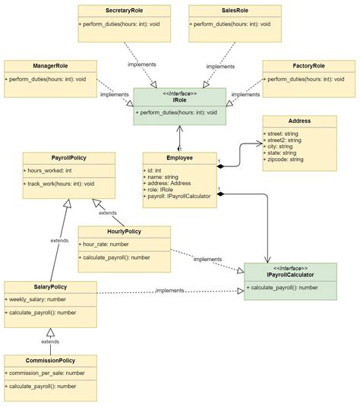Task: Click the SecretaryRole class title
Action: [124, 11]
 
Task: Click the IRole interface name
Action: [180, 100]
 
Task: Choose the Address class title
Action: [299, 121]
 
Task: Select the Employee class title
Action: [179, 158]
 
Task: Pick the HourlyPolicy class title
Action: [124, 232]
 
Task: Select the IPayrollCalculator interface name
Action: [289, 274]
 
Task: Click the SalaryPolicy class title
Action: [49, 287]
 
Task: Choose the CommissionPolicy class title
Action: [49, 361]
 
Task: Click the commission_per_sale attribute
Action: [47, 374]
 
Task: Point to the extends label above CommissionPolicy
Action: [50, 342]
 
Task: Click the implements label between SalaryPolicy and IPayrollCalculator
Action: [169, 291]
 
